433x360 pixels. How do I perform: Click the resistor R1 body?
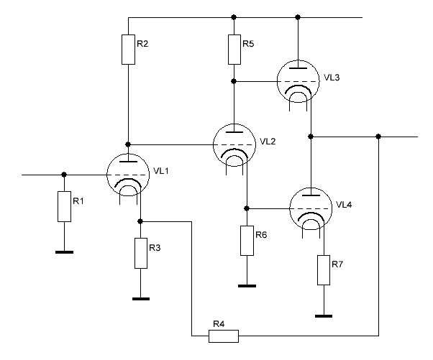[64, 206]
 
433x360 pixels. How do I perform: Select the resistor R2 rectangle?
[129, 50]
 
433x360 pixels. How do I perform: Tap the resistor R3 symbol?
[141, 253]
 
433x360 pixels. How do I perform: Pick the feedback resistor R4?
[224, 336]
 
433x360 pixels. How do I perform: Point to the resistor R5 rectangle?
[234, 50]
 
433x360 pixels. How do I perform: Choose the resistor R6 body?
[247, 241]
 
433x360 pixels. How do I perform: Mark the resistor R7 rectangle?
[324, 270]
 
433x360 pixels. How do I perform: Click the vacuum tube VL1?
[128, 175]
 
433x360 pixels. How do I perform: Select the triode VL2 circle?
[234, 145]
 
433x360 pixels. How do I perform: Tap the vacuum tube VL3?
[298, 81]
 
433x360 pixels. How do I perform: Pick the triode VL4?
[311, 208]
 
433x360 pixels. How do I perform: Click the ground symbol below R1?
[64, 252]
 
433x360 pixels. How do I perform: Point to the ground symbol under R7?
[324, 316]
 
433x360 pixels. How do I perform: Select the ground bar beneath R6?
[247, 286]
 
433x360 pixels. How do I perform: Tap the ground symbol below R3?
[141, 299]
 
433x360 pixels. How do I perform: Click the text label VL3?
[332, 78]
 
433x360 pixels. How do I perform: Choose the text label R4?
[219, 324]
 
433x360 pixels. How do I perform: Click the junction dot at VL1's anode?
[128, 144]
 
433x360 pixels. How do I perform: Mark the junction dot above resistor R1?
[64, 175]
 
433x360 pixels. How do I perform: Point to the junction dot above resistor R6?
[247, 208]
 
